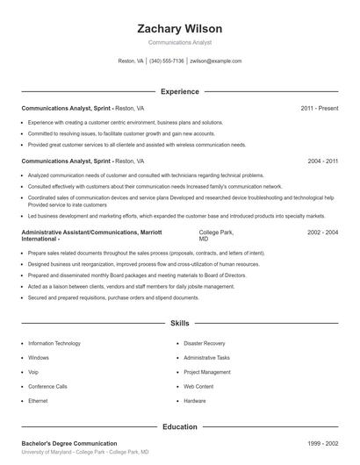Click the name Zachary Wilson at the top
[179, 29]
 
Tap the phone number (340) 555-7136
[167, 61]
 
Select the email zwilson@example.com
[216, 61]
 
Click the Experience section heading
[179, 91]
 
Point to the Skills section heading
[179, 324]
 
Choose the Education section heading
[179, 426]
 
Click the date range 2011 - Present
[319, 108]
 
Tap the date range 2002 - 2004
[322, 232]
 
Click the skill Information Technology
[54, 344]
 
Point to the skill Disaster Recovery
[204, 344]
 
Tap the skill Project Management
[207, 372]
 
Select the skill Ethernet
[38, 401]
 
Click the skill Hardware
[195, 401]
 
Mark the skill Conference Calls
[47, 386]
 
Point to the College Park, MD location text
[216, 235]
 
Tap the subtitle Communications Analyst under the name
[179, 42]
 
